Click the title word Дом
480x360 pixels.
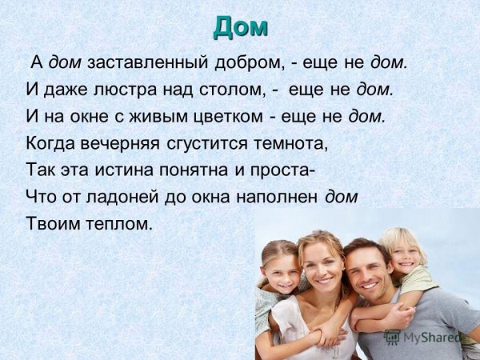tap(240, 28)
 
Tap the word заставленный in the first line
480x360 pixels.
tap(148, 63)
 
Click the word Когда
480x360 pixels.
tap(50, 143)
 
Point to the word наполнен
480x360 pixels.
tap(277, 197)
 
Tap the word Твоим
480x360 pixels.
tap(53, 223)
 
